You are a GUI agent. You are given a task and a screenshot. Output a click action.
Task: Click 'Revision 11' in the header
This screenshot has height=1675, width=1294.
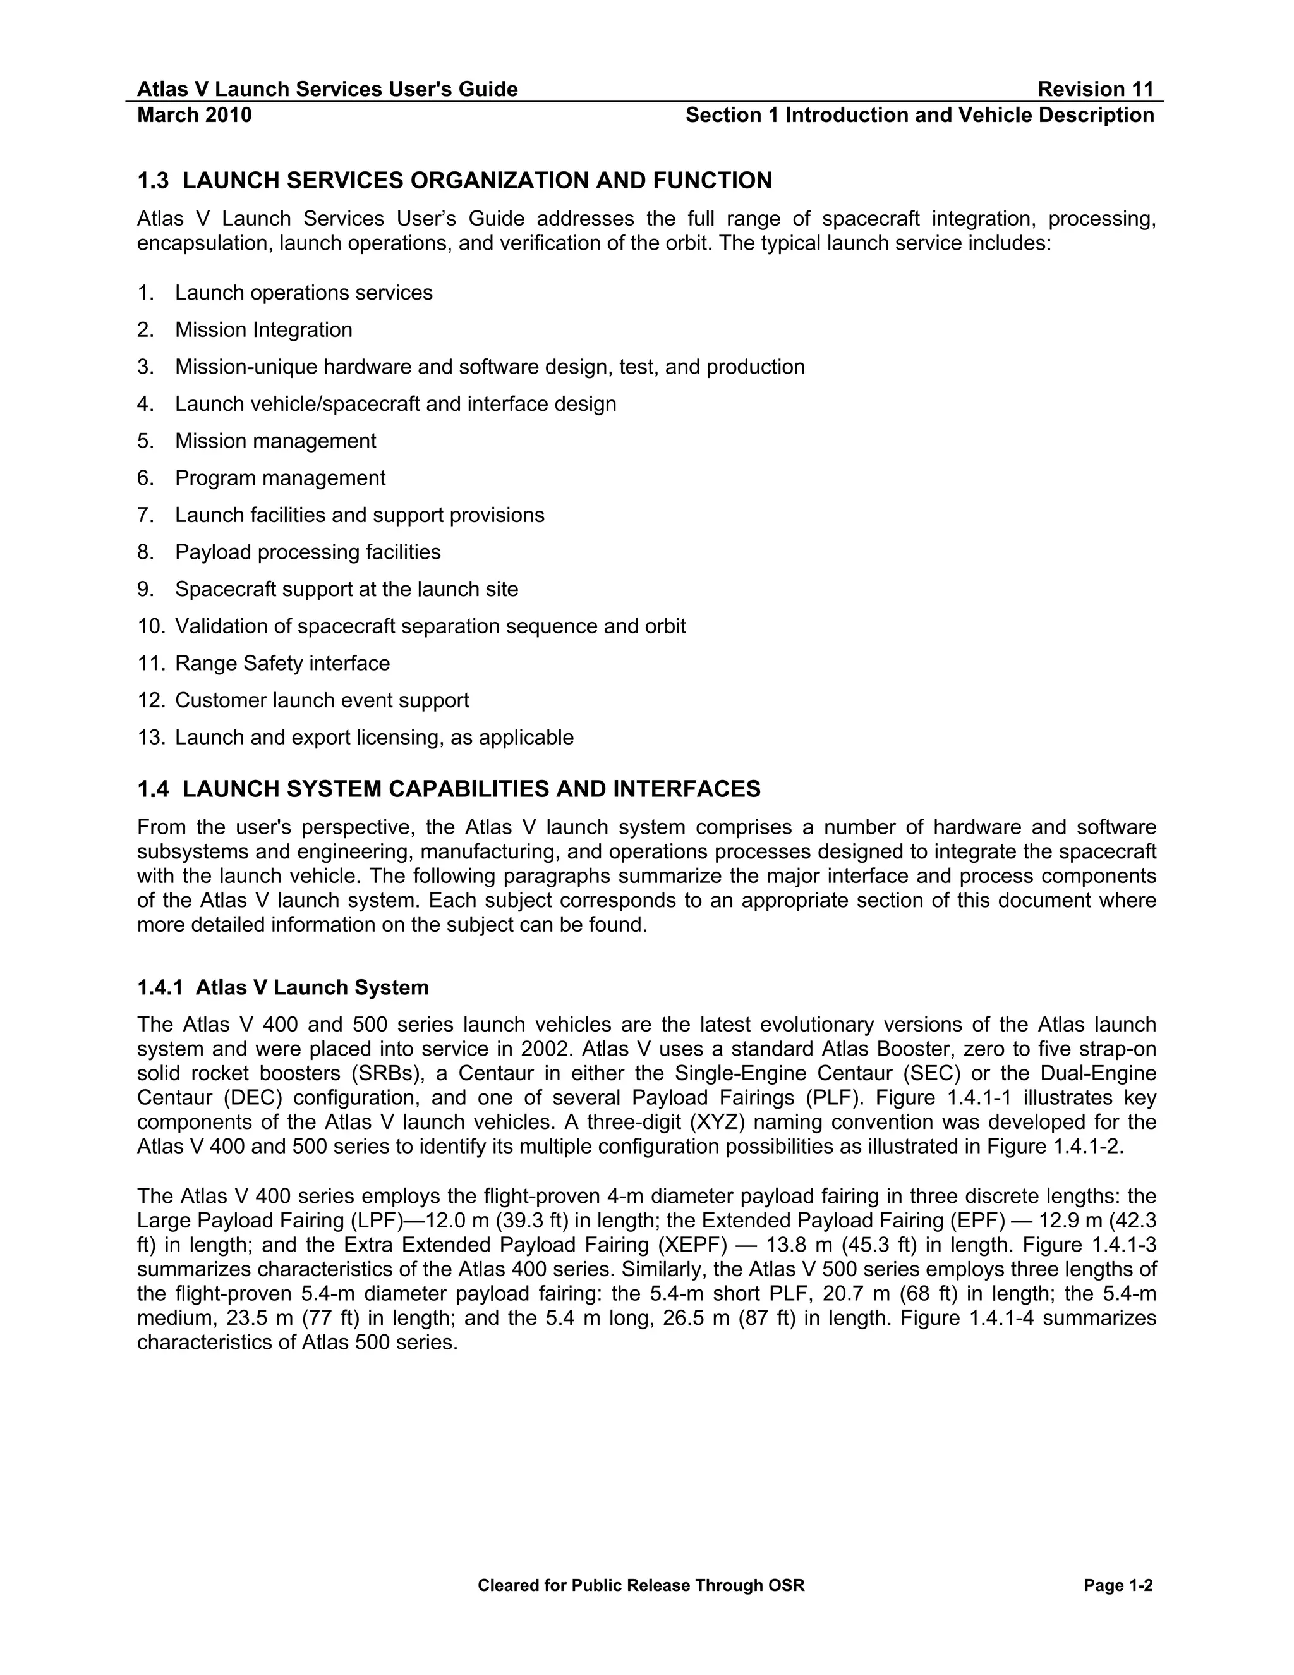click(1095, 89)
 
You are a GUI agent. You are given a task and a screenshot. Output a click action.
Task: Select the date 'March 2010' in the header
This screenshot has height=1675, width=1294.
click(194, 115)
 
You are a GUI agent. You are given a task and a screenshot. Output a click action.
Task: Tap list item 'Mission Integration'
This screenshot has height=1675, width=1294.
click(263, 330)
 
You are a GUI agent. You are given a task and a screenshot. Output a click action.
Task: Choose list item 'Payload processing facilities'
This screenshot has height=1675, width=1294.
click(308, 552)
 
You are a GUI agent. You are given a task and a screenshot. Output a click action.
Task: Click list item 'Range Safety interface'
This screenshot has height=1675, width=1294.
click(282, 664)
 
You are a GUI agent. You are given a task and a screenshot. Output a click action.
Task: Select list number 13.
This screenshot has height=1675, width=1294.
click(150, 738)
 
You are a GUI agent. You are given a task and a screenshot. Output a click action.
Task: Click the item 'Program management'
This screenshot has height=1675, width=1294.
click(280, 478)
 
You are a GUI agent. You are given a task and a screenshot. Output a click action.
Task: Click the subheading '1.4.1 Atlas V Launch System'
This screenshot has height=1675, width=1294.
click(283, 987)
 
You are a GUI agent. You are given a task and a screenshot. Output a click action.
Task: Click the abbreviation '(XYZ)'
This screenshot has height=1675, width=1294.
click(718, 1122)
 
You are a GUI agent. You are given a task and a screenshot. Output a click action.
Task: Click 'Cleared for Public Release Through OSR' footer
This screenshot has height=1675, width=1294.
click(641, 1585)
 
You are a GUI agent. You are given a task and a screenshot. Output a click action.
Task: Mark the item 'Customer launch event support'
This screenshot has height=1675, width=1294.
click(322, 700)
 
